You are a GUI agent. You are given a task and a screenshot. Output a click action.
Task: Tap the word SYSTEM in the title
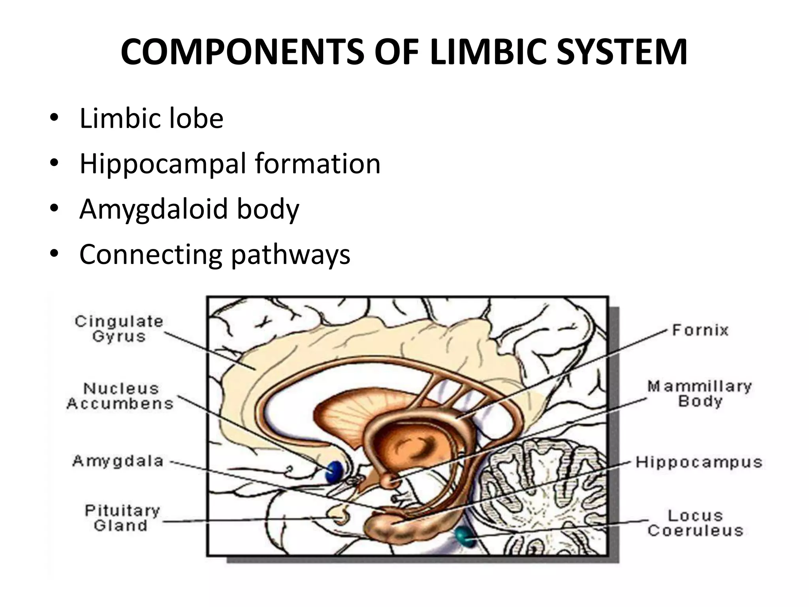point(622,52)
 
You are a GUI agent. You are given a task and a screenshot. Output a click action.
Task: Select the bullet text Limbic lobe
point(151,118)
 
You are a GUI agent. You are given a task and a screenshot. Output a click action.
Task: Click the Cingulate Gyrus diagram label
point(119,329)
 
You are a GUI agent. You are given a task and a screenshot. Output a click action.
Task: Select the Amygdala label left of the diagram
point(118,461)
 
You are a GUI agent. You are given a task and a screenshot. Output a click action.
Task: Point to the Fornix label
point(700,330)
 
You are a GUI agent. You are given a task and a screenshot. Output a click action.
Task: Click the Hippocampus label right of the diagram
point(698,462)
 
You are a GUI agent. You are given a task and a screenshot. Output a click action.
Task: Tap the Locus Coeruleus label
point(695,523)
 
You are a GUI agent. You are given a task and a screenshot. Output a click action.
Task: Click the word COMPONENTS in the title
point(242,52)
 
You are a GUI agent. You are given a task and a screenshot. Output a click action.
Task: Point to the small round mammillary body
point(391,481)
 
